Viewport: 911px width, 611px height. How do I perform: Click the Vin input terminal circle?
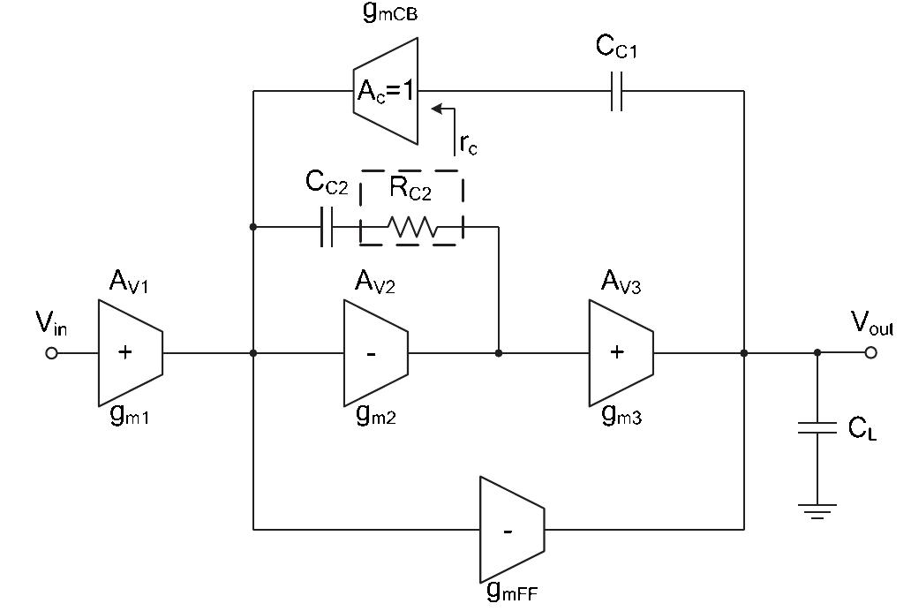coord(51,353)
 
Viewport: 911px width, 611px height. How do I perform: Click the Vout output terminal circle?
coord(871,352)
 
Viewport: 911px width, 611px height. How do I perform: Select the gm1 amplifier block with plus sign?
coord(129,353)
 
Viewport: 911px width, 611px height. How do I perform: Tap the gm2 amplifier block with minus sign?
coord(374,353)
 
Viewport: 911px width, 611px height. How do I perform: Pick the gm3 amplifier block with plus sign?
coord(620,353)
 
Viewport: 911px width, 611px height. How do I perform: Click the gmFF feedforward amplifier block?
coord(511,530)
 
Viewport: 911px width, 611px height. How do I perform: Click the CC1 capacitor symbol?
coord(617,91)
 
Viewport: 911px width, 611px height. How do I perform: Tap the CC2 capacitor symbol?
coord(327,227)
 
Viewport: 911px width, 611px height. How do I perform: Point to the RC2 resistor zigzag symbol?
coord(412,228)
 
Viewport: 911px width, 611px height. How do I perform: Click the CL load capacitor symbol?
coord(817,428)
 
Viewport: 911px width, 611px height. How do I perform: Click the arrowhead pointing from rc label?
coord(436,109)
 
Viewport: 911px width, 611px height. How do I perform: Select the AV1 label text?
coord(129,282)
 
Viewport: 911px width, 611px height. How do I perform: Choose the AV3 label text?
coord(621,282)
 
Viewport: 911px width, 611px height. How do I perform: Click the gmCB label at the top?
coord(389,12)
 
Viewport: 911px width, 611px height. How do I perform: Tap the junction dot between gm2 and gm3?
coord(499,353)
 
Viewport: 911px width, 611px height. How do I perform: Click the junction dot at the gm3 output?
coord(744,353)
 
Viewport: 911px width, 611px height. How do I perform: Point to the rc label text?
coord(468,145)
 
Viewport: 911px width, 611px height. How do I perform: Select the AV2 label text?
coord(374,282)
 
